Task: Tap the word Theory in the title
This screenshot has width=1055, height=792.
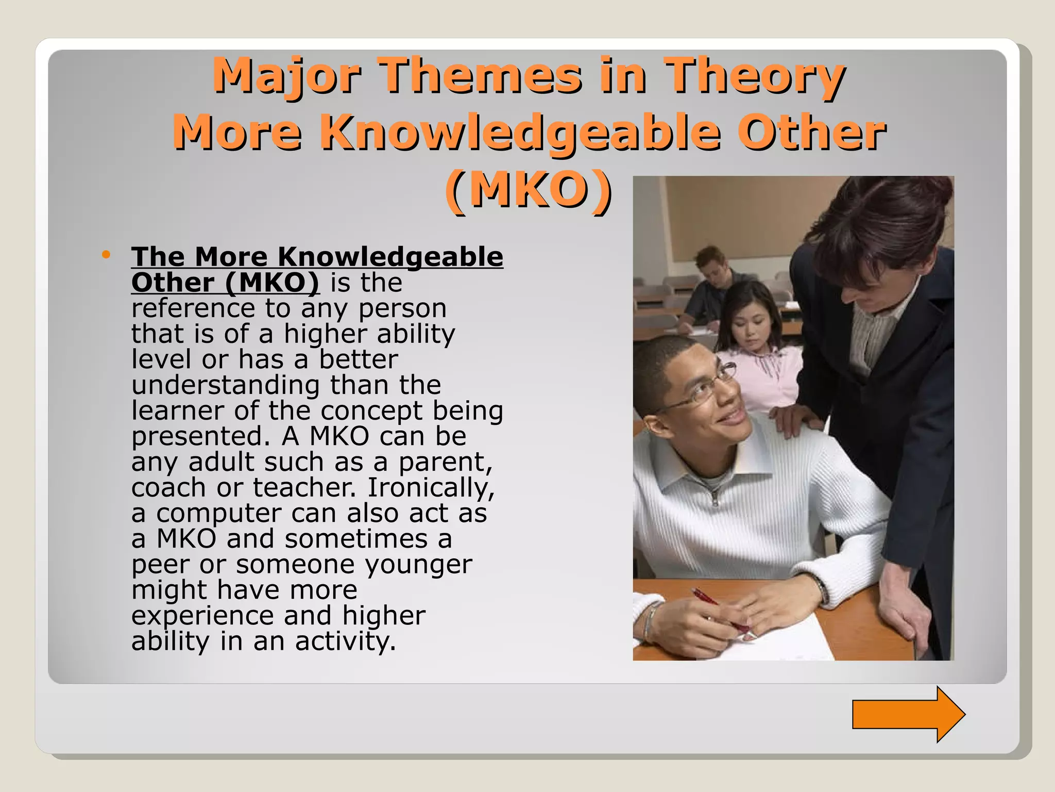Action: (755, 76)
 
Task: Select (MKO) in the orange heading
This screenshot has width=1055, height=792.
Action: (529, 190)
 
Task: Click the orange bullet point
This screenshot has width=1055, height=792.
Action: (106, 254)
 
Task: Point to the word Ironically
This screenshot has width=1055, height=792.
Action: (431, 487)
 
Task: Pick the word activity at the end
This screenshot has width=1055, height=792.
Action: (345, 641)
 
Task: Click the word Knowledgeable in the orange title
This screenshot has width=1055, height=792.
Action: (520, 133)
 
